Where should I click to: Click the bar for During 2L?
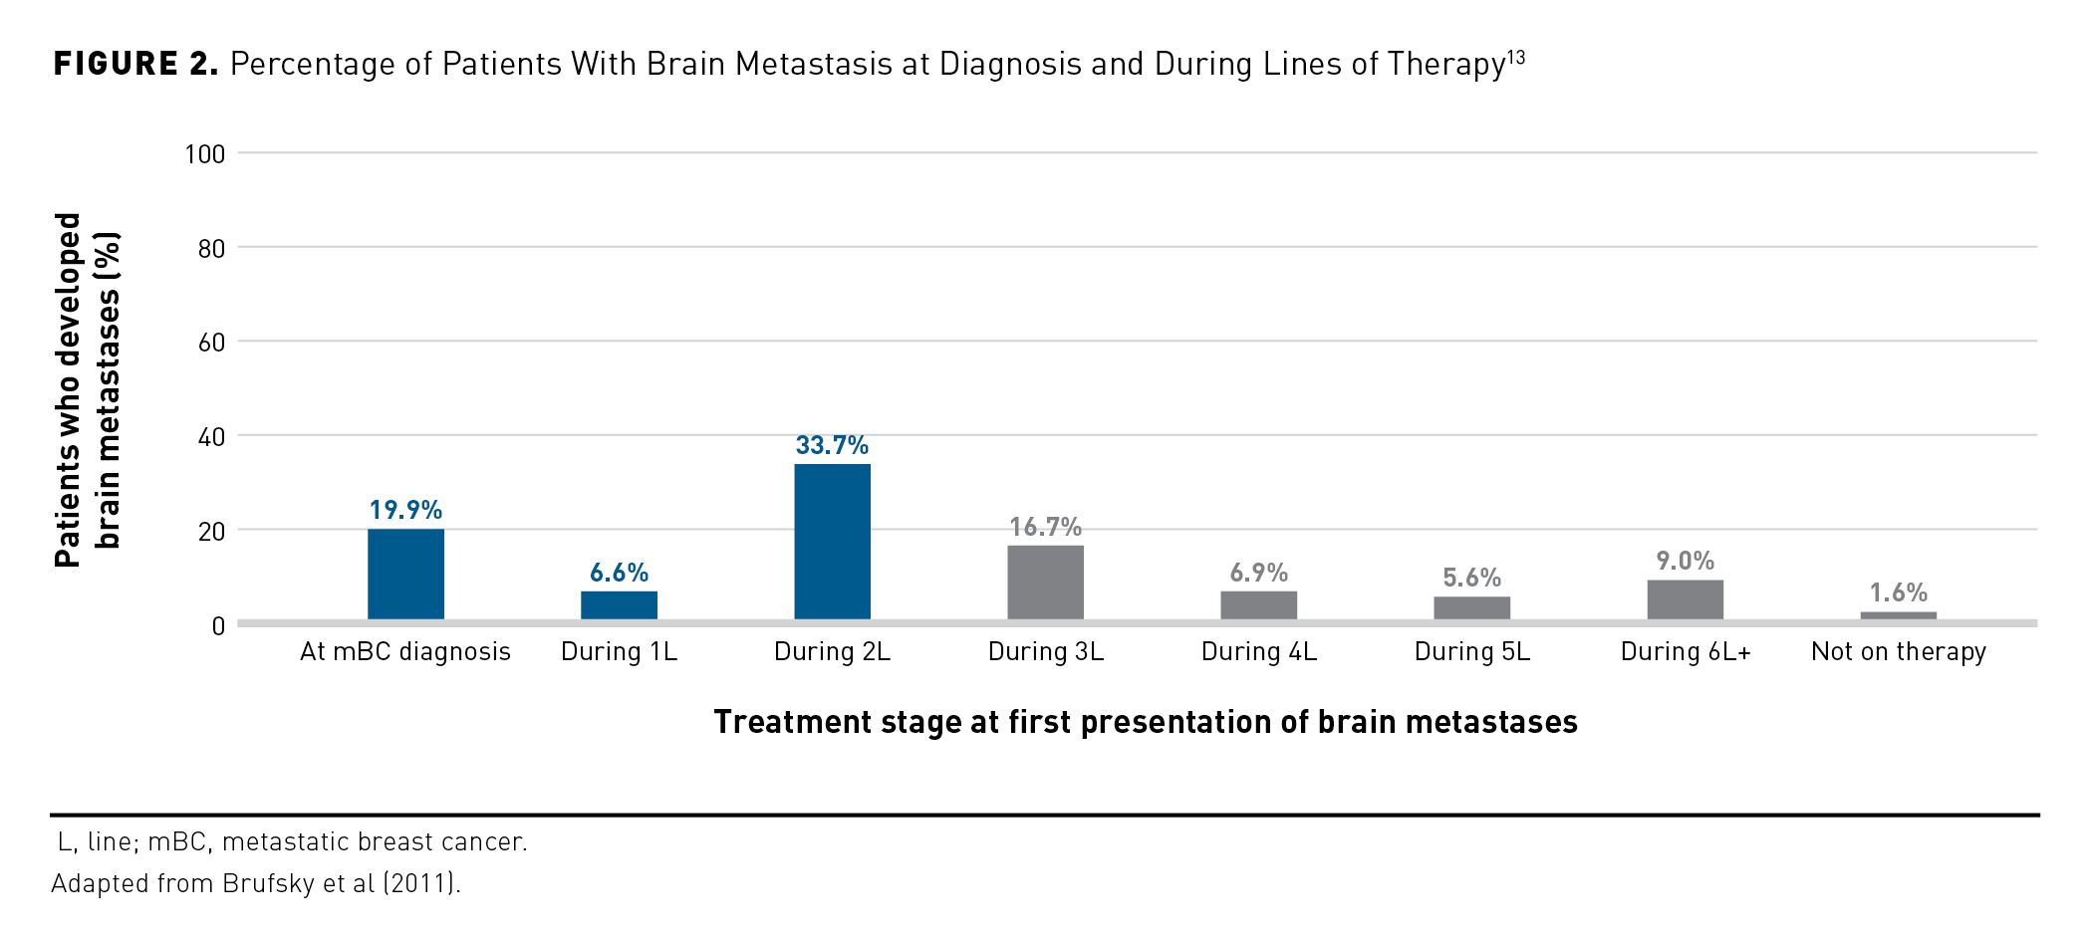pos(832,542)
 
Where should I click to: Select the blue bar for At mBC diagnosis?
pos(405,574)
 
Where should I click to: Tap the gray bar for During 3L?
pos(1045,583)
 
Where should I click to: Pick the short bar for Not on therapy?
pos(1898,615)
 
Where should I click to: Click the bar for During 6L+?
pos(1685,599)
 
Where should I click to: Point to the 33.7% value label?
pos(832,445)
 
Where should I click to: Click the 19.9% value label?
pos(405,510)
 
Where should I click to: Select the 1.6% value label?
pos(1898,592)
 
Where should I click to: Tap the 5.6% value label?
pos(1471,578)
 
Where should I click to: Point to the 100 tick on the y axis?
pos(205,154)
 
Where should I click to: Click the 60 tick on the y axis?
pos(211,343)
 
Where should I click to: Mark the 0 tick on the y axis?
pos(218,626)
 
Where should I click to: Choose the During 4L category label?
pos(1258,651)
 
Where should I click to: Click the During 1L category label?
pos(619,651)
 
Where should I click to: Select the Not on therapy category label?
pos(1898,651)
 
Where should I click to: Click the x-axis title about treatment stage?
pos(1145,722)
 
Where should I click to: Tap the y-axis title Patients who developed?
pos(68,390)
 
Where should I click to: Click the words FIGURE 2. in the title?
pos(135,65)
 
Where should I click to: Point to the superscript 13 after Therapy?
pos(1515,57)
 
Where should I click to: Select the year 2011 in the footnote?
pos(423,883)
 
